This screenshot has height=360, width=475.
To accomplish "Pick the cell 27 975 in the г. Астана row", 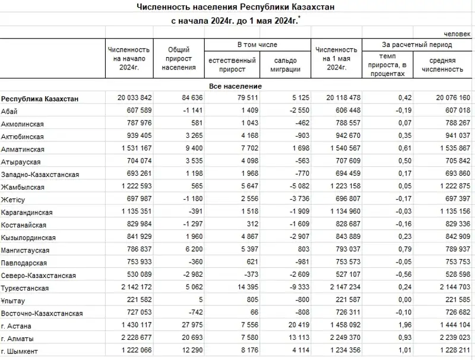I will click(x=181, y=326).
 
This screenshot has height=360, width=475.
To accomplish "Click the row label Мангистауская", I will click(x=24, y=251).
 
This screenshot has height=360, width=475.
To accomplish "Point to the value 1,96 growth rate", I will click(x=389, y=326).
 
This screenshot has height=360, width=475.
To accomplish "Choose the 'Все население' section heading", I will click(x=236, y=86).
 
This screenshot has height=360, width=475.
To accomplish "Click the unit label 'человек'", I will click(x=454, y=34).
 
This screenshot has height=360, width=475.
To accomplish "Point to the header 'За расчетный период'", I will click(x=417, y=45).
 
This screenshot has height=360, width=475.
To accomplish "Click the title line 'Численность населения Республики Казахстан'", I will click(x=236, y=7).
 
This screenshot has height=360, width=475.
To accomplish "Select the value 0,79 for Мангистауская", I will click(x=389, y=251).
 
